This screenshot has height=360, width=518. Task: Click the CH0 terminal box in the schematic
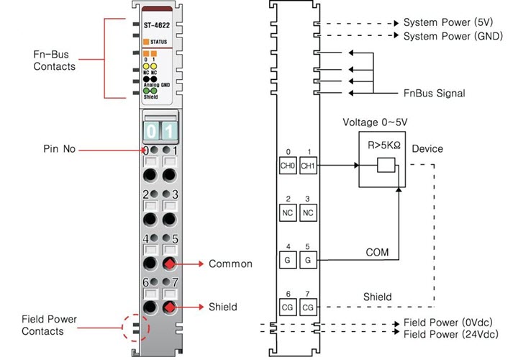pyautogui.click(x=288, y=164)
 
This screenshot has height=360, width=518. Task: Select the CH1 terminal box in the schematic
pyautogui.click(x=309, y=164)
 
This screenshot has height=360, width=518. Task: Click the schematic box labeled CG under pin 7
pyautogui.click(x=309, y=307)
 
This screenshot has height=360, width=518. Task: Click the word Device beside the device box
pyautogui.click(x=429, y=149)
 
